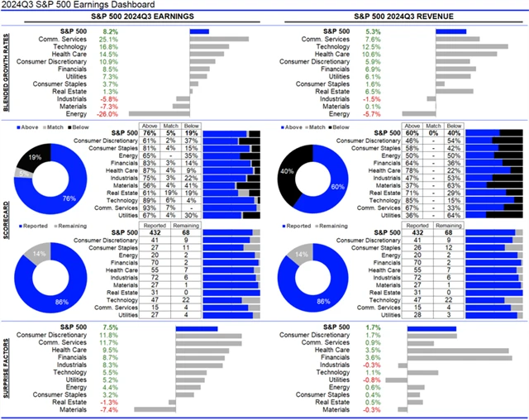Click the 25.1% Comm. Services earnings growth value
[108, 39]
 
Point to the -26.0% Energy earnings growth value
[108, 114]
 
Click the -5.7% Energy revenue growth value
[373, 114]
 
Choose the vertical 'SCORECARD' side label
[7, 223]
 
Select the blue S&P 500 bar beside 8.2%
[199, 31]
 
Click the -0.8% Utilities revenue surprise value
[373, 379]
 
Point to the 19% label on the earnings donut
[33, 155]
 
